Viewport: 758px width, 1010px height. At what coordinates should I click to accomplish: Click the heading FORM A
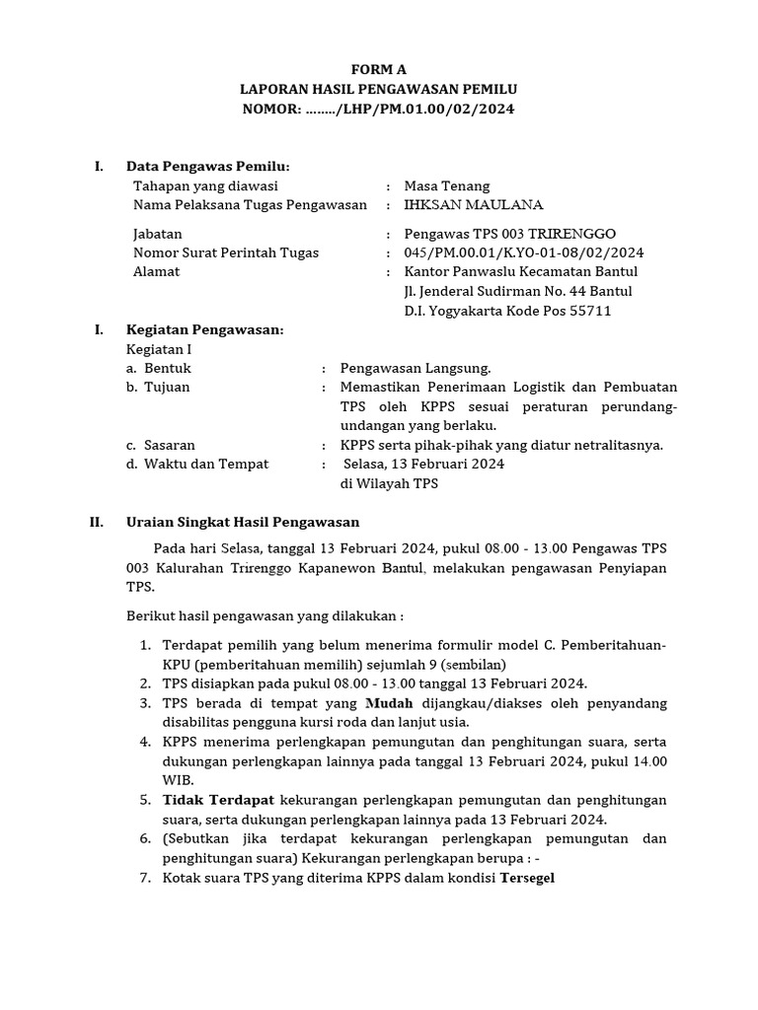[379, 68]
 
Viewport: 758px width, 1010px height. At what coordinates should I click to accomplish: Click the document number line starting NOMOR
[379, 108]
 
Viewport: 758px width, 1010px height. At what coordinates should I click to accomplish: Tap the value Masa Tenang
[447, 185]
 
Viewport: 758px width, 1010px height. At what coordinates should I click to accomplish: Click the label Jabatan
[157, 234]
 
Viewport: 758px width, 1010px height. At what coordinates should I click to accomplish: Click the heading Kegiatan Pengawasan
[205, 329]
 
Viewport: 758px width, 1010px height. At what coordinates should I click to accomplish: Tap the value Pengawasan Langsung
[416, 368]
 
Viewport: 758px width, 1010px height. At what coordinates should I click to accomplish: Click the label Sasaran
[170, 445]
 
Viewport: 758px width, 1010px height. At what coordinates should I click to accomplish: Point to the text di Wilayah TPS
[389, 483]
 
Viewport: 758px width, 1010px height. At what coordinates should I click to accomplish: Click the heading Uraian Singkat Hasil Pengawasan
[243, 522]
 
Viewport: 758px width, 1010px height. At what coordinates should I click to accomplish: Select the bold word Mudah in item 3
[389, 703]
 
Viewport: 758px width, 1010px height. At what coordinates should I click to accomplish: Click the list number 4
[144, 742]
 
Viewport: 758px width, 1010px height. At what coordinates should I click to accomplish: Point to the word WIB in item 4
[176, 779]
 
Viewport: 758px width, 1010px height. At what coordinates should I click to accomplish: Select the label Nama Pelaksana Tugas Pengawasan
[250, 205]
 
